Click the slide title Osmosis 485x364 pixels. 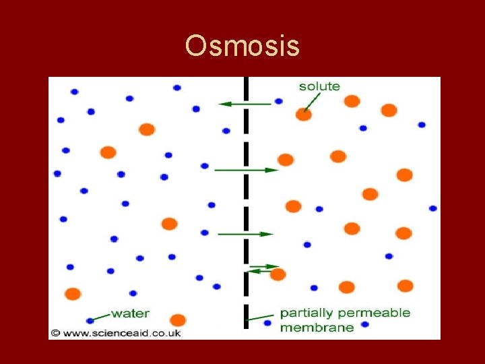pos(242,47)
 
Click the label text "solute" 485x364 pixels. pos(319,86)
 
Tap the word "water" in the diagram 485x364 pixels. pos(130,313)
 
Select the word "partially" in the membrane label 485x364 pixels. pos(306,313)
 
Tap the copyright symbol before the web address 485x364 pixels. pos(55,333)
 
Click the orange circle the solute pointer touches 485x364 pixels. pos(304,115)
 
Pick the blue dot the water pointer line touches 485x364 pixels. pos(90,320)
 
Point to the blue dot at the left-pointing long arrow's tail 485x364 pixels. pos(278,102)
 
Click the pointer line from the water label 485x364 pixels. pos(102,315)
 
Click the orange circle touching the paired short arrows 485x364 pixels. pos(278,274)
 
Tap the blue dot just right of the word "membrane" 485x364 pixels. pos(365,325)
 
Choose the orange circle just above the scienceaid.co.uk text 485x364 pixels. pos(178,320)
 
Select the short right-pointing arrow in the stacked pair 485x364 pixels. pos(264,266)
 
